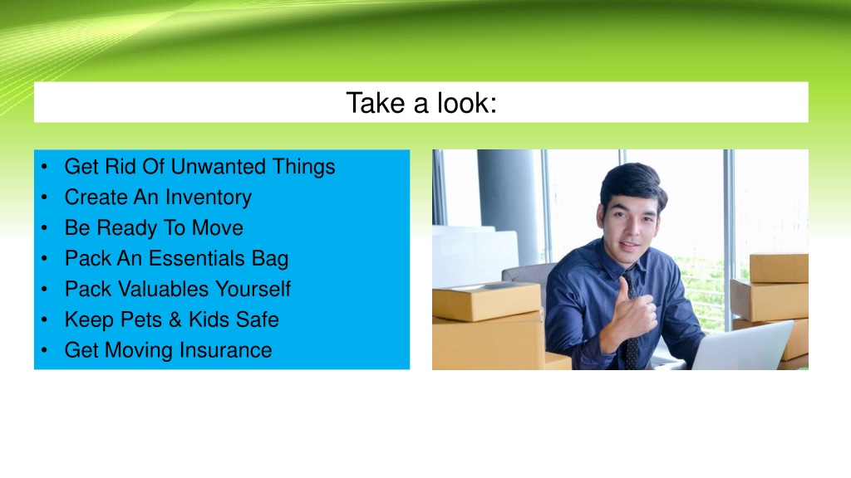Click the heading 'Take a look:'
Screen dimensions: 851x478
click(x=421, y=103)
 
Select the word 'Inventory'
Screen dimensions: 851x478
click(x=209, y=198)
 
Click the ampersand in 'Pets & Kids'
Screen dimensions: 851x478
click(x=175, y=319)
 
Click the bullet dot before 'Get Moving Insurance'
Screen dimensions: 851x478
click(x=45, y=351)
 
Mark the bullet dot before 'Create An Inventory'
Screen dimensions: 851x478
click(x=45, y=198)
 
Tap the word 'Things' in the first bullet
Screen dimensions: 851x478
click(x=303, y=167)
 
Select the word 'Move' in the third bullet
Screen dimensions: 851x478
click(x=218, y=228)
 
